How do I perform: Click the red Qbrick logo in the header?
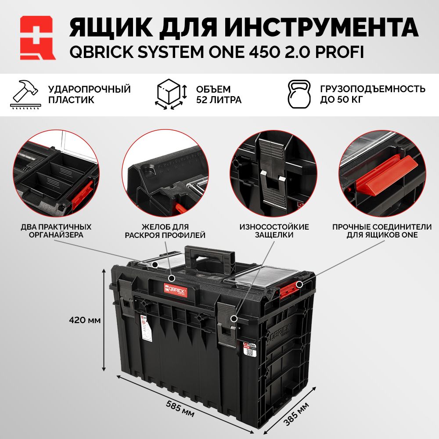tap(38, 38)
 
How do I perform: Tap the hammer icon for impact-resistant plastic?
tap(25, 94)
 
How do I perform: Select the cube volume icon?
tap(171, 94)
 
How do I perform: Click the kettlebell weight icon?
tap(299, 94)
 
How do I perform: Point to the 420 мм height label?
tap(85, 320)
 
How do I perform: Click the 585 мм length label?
tap(180, 408)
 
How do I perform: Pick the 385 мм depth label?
tap(296, 414)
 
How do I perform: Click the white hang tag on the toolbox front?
tap(146, 327)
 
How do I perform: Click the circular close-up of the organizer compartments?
tap(56, 173)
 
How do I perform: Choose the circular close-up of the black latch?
tap(273, 173)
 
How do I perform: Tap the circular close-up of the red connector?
tap(382, 173)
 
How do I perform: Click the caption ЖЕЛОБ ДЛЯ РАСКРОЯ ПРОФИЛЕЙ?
tap(165, 231)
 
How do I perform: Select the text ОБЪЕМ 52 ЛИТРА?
tap(219, 94)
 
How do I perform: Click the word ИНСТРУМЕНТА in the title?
tap(321, 27)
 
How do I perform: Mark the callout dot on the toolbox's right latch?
tap(234, 319)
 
